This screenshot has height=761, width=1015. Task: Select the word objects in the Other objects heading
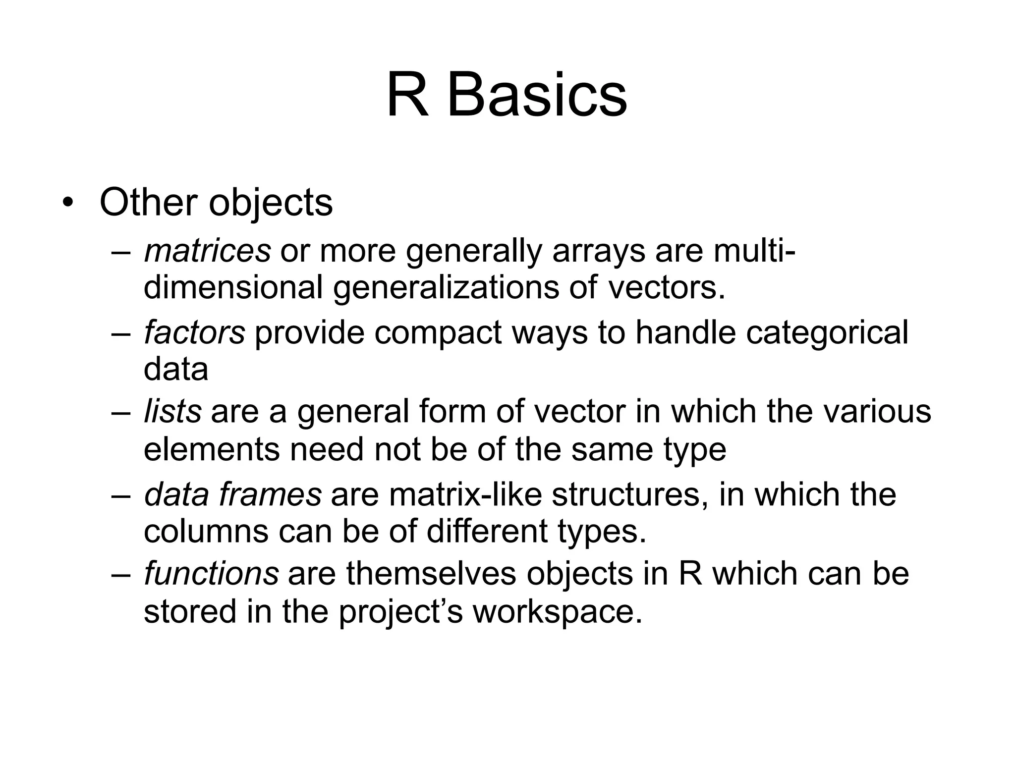(x=271, y=203)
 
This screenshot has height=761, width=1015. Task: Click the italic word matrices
(x=207, y=250)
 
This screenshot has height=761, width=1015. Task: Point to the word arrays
(x=598, y=250)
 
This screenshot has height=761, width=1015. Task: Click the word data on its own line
(x=176, y=369)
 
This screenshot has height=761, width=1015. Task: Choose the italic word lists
(x=172, y=411)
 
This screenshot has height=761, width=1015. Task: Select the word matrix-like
(x=465, y=494)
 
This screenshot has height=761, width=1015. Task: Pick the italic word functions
(x=211, y=573)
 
